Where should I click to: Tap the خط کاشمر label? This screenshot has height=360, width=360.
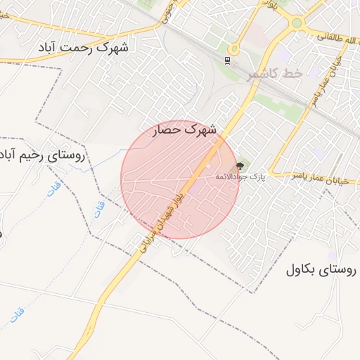coord(275,74)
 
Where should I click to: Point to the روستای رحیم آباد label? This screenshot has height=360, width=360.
coord(41,155)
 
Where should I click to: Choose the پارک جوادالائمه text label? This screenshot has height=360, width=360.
coord(240,176)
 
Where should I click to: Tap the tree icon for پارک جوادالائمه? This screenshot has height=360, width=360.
coord(241,166)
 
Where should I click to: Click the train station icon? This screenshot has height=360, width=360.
coord(226,60)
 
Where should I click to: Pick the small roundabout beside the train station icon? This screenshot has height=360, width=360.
coord(233,49)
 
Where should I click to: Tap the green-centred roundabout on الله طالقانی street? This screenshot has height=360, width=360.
coord(297,22)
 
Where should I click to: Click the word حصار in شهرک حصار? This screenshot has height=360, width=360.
coord(169,129)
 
